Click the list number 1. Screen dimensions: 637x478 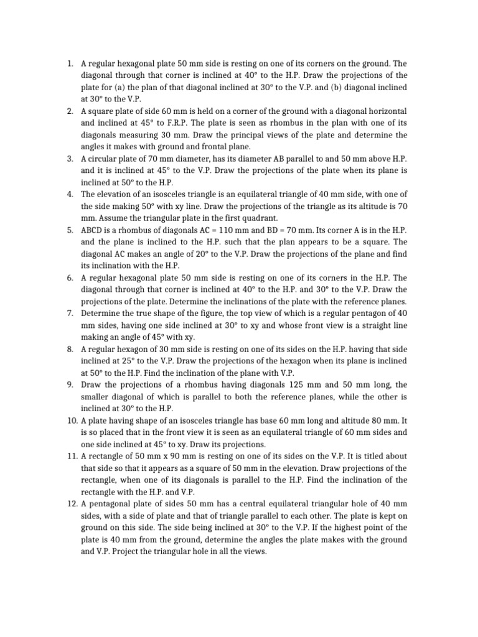click(70, 63)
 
